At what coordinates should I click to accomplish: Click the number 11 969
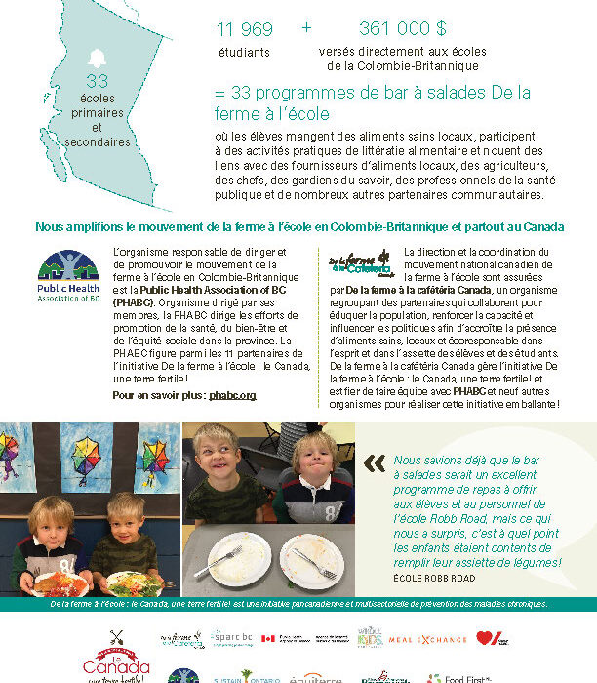coord(244,29)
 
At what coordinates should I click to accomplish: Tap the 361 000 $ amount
coord(402,29)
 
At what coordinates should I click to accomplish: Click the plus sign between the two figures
coord(307,28)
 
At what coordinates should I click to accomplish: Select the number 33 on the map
coord(97,81)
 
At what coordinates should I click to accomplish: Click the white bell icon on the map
coord(96,57)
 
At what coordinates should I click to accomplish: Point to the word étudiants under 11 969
coord(243,53)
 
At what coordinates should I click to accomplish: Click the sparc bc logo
coord(230,637)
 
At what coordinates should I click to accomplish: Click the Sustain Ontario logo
coord(233,676)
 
